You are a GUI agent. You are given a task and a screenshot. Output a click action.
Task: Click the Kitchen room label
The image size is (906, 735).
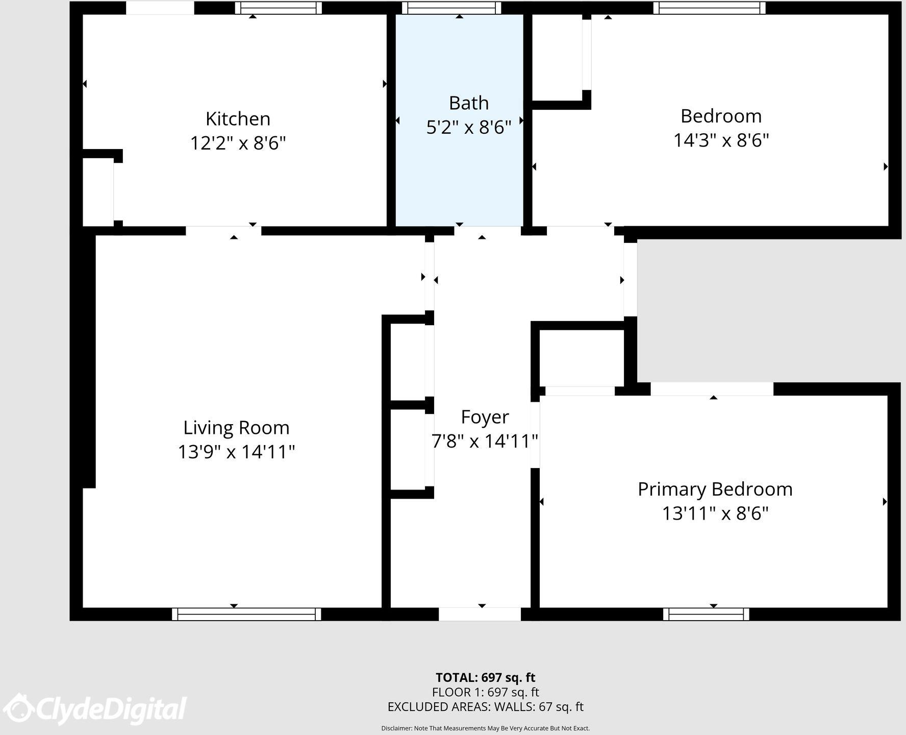point(238,119)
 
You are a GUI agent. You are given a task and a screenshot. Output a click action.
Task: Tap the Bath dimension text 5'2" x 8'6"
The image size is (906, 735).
point(468,127)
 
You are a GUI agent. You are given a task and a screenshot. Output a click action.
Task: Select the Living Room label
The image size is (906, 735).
point(236,428)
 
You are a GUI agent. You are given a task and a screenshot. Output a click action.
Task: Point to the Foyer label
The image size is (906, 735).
point(485,417)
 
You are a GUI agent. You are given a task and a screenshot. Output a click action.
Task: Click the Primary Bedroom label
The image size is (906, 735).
point(715,489)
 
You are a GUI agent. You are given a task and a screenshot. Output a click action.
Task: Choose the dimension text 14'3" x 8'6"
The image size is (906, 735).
point(721,140)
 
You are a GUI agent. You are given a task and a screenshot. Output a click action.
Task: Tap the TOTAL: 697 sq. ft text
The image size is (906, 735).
point(485,677)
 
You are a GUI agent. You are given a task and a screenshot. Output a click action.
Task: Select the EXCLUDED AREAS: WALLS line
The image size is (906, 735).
point(485,707)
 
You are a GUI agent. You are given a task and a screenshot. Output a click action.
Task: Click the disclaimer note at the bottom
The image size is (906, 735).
point(485,728)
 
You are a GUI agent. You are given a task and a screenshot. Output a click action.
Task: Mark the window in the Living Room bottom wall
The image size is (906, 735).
point(246,614)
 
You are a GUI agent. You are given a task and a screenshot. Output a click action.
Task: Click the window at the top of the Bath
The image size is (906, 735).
point(451,8)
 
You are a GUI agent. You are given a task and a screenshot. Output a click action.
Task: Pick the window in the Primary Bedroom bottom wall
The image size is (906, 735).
point(706,614)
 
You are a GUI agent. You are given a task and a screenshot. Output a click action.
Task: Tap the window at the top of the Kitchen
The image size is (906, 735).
point(278,8)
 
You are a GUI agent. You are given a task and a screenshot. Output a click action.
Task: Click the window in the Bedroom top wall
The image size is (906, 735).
point(709,8)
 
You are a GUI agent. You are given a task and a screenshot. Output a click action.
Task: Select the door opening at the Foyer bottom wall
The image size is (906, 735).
point(480,614)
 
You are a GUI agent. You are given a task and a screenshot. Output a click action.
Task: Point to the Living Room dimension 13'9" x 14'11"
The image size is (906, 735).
point(236,452)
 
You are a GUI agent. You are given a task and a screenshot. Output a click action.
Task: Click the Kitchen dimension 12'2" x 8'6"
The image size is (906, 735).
point(238,143)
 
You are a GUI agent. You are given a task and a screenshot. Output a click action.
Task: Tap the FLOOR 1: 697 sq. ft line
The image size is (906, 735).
point(485,692)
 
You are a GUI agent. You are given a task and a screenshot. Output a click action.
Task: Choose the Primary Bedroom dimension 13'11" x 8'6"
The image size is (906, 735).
point(715,513)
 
